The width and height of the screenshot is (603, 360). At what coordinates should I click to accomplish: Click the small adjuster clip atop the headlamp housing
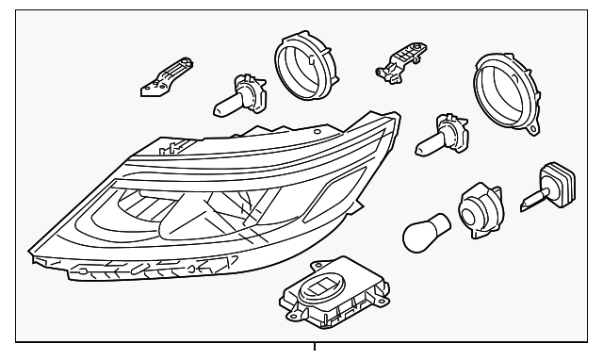[x=171, y=147]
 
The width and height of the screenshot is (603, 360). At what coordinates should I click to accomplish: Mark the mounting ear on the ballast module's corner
[x=287, y=302]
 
